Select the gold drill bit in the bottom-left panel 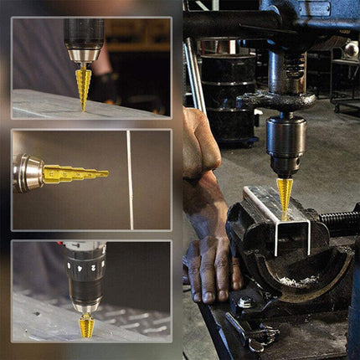pos(86,326)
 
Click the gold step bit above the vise pos(285,196)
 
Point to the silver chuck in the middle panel pos(29,172)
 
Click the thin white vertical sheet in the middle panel pos(129,179)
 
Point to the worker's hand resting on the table pos(213,268)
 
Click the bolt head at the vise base pos(244,303)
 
